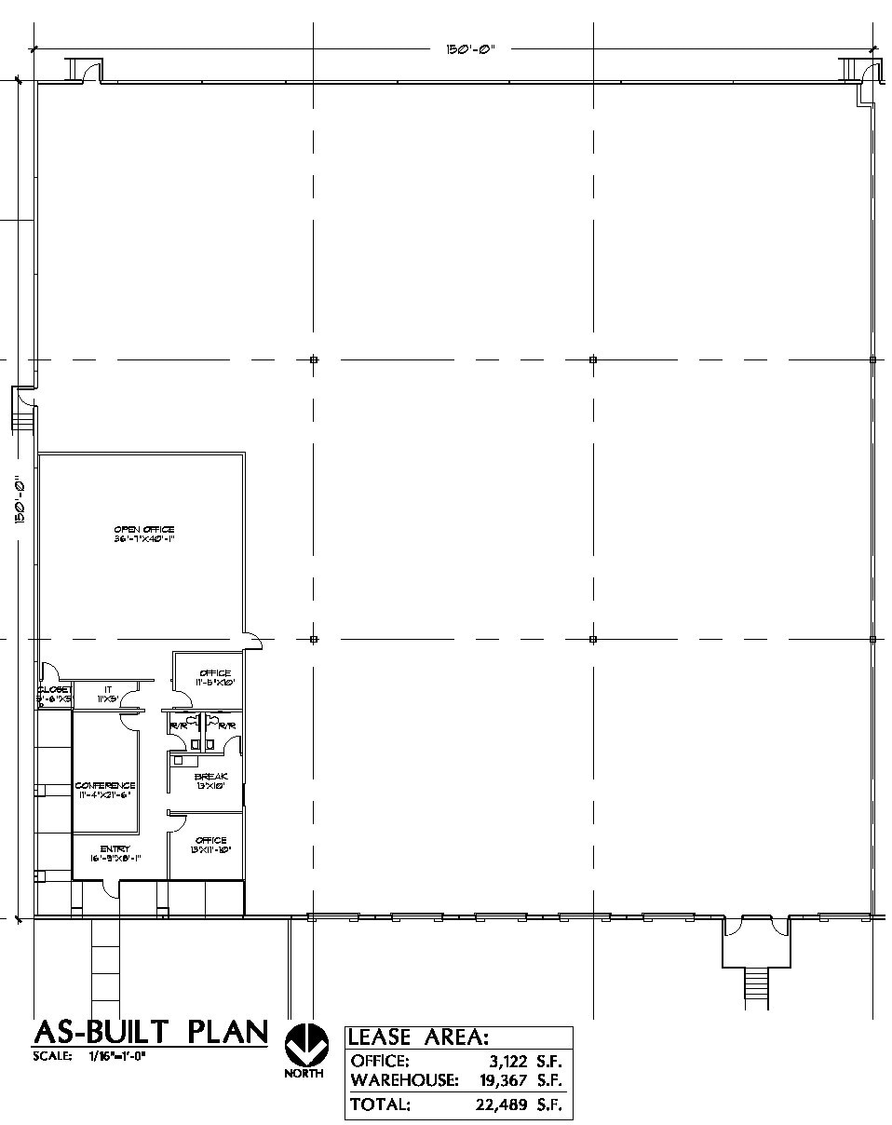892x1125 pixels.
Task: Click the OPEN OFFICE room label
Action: point(144,529)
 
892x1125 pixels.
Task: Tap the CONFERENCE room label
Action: point(105,785)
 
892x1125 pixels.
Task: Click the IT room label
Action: point(108,689)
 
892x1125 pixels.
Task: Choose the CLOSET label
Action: point(54,689)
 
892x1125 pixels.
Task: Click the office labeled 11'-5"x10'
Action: point(214,677)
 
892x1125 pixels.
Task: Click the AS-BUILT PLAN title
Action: point(150,1032)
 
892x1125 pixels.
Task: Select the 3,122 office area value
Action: point(508,1061)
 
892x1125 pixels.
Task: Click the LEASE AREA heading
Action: point(418,1037)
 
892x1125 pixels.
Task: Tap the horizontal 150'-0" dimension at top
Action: point(469,49)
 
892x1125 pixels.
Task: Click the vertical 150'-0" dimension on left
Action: point(20,501)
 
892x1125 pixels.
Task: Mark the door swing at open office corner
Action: point(252,638)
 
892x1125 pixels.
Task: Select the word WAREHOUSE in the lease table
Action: point(404,1080)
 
